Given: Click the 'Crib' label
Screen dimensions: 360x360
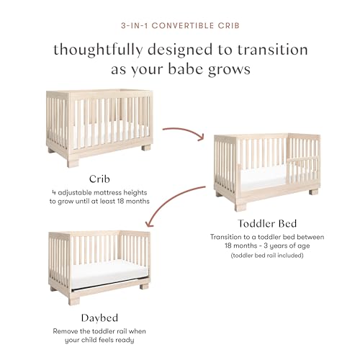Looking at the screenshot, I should point(99,179).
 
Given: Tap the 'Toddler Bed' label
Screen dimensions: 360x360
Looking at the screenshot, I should point(266,222).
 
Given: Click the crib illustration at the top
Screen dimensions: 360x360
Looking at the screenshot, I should point(99,126).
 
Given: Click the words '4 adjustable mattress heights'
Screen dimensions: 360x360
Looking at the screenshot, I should point(99,192).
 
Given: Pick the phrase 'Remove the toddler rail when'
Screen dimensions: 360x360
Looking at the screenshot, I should point(99,332).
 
